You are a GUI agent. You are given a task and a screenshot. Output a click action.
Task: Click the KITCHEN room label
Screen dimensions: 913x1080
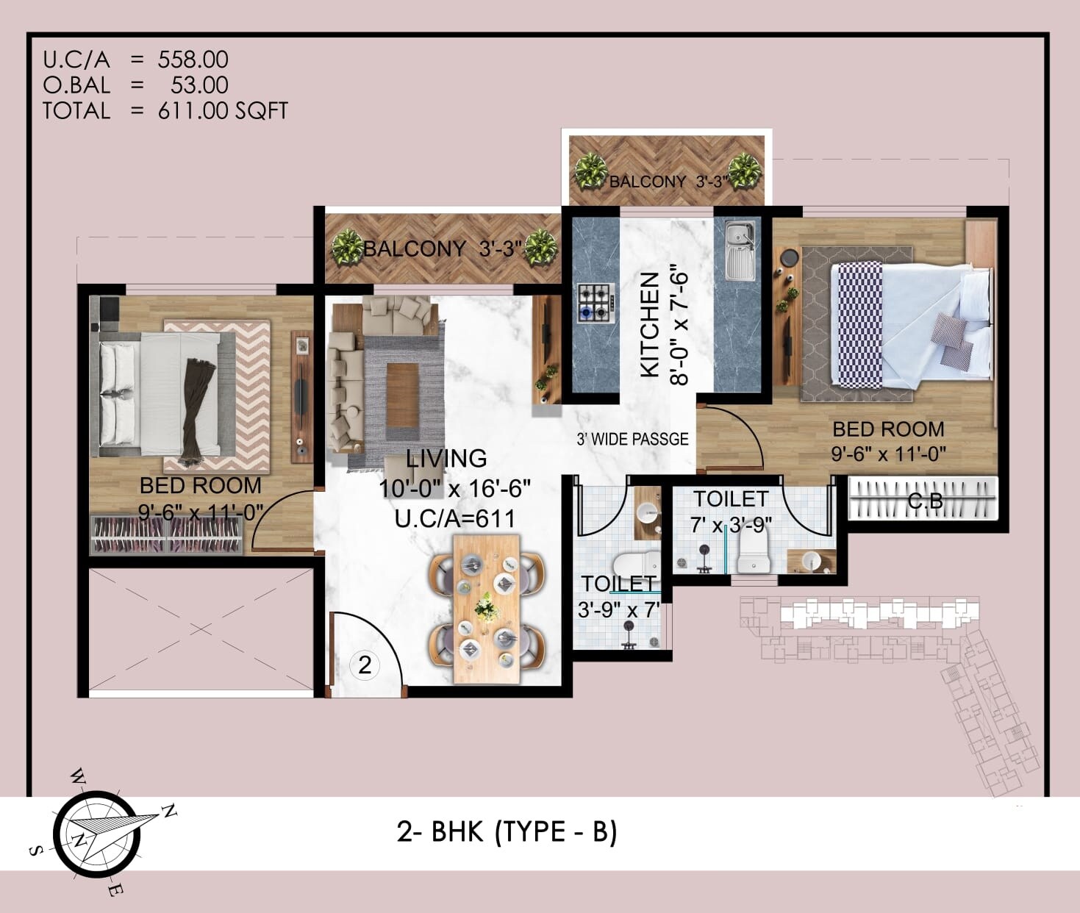[649, 324]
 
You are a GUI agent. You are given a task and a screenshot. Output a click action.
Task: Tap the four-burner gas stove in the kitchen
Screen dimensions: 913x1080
[595, 302]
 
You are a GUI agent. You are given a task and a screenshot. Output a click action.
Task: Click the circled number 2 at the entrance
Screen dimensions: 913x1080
[365, 665]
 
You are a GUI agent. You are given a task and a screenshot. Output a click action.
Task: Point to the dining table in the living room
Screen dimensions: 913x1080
[487, 609]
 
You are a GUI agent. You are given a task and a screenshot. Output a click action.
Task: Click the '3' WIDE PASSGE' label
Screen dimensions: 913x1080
[632, 440]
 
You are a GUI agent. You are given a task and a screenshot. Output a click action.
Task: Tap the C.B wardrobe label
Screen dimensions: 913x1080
[925, 501]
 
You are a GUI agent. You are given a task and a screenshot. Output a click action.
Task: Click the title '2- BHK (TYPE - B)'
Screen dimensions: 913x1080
[507, 831]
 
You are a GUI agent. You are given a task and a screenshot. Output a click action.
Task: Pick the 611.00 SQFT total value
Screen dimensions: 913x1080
[223, 111]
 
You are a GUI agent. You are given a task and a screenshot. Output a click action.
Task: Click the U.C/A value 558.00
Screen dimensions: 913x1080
[193, 60]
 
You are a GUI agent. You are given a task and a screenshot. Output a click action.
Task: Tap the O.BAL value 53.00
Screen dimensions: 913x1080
[199, 85]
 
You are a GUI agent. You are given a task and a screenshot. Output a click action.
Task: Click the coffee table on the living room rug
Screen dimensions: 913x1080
[401, 395]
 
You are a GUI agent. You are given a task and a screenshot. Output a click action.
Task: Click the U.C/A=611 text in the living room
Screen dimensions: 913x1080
[455, 519]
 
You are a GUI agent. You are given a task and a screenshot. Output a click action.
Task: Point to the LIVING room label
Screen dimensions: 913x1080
[446, 459]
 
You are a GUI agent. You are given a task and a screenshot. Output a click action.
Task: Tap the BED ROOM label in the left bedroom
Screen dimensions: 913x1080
[200, 486]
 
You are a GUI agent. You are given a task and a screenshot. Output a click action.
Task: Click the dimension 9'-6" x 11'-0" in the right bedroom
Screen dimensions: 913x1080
[888, 454]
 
